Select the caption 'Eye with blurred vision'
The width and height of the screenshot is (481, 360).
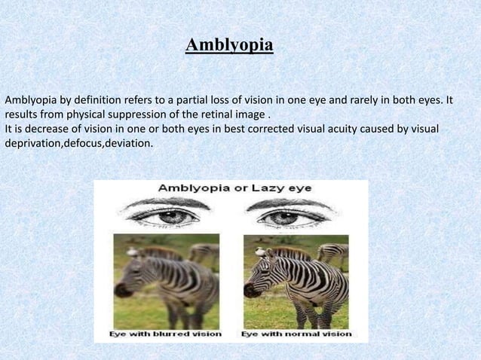click(x=166, y=333)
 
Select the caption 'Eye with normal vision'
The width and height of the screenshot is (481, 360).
click(x=296, y=333)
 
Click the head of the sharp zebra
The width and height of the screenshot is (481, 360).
click(x=263, y=267)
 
